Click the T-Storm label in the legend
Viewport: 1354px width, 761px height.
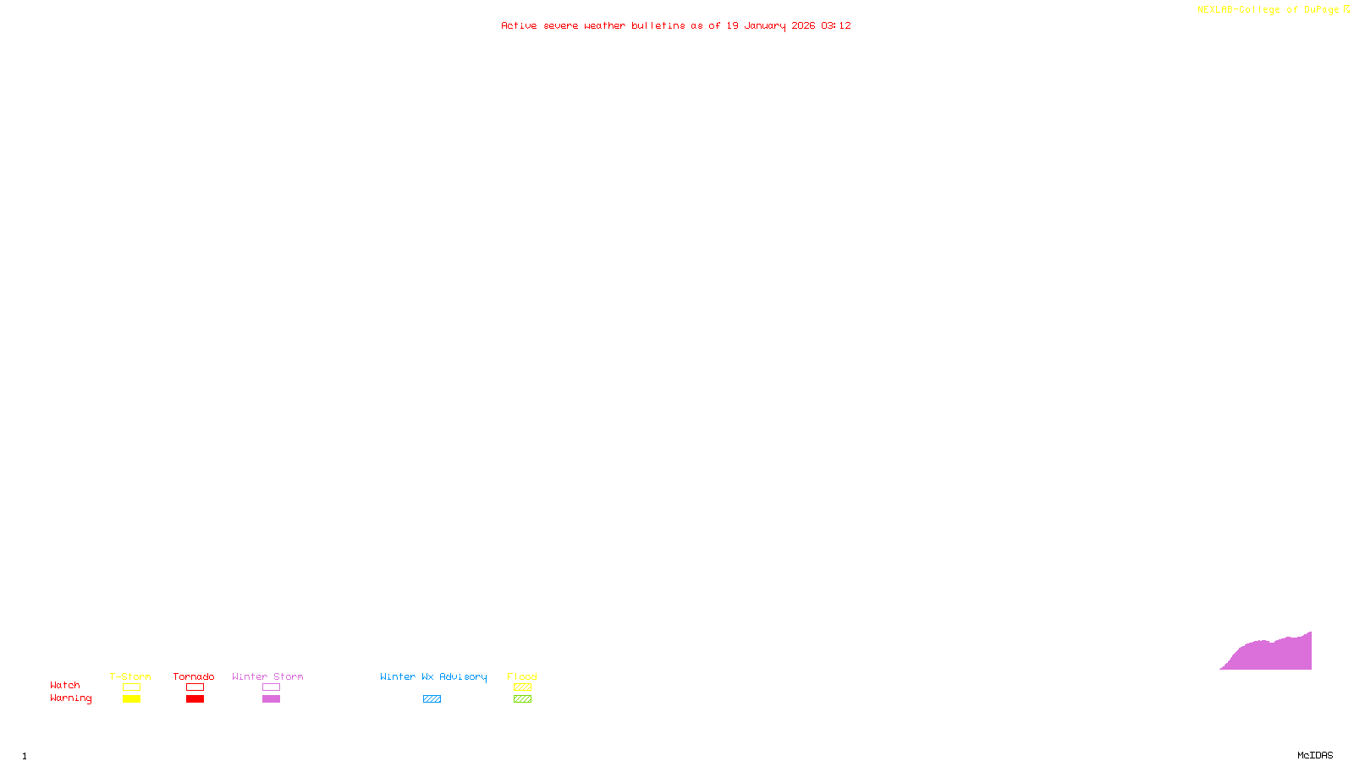(x=130, y=676)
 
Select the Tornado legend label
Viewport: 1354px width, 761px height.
(x=194, y=676)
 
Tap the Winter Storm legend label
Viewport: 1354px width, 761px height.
(x=267, y=676)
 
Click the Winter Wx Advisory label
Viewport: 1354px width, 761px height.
(x=433, y=676)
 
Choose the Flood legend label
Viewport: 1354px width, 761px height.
(x=522, y=676)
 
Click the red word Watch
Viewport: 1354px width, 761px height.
(x=65, y=685)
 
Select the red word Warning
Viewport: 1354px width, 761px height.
(x=70, y=698)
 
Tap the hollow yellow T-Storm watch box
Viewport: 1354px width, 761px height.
(x=131, y=687)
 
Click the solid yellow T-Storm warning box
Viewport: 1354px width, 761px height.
(x=131, y=699)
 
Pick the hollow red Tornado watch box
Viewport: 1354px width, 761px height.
(x=195, y=687)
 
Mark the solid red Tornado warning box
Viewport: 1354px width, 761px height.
(x=195, y=699)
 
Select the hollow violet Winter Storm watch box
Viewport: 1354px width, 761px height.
(x=271, y=687)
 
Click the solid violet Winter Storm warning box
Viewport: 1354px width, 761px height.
(x=271, y=699)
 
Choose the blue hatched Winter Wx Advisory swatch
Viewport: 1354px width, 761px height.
(x=432, y=699)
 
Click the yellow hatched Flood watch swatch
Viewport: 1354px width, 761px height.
(x=522, y=687)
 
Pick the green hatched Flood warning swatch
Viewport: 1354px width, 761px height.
(x=522, y=699)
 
